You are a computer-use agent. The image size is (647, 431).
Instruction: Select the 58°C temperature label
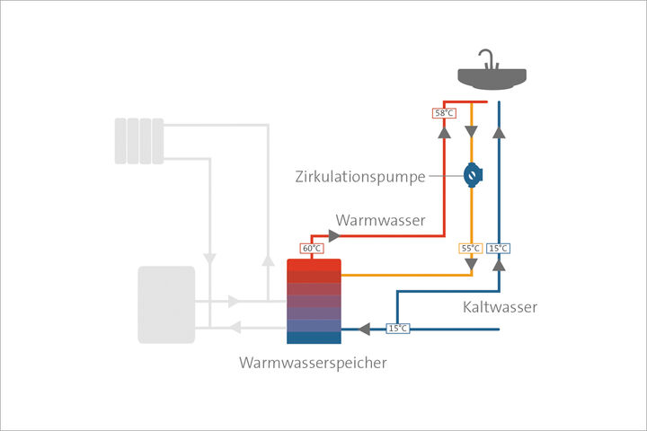click(x=443, y=114)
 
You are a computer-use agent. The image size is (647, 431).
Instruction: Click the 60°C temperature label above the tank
click(x=310, y=248)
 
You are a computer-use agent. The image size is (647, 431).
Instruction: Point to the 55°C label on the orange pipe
click(x=471, y=248)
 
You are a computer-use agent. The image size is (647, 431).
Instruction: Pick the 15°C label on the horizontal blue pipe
click(x=397, y=329)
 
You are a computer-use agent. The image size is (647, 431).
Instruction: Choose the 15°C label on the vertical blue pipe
click(x=499, y=248)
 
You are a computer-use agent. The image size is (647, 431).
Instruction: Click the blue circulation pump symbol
click(x=471, y=175)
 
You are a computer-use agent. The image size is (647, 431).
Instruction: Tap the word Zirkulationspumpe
click(x=359, y=176)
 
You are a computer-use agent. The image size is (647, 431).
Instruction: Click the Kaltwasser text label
click(x=501, y=307)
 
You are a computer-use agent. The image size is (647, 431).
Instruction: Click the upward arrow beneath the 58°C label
click(x=443, y=133)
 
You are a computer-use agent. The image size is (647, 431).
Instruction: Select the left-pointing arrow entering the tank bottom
click(x=365, y=329)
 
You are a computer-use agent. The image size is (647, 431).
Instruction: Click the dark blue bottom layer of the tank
click(x=314, y=338)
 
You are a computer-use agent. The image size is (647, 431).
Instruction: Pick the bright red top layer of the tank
click(x=314, y=266)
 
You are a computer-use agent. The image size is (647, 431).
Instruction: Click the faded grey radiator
click(x=139, y=141)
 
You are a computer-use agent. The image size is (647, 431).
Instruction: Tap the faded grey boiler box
click(x=165, y=304)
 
